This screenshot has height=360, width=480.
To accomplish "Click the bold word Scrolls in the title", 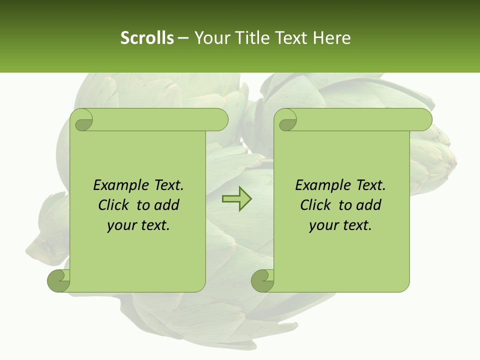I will (x=147, y=38).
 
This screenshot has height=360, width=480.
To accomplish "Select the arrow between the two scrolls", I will (x=236, y=199).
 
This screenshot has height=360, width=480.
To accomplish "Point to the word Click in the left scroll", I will (x=115, y=205).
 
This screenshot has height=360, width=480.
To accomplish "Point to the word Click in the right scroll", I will (x=317, y=205).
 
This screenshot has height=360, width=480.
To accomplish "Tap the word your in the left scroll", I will (x=122, y=225).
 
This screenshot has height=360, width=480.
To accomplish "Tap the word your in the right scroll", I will (x=324, y=225).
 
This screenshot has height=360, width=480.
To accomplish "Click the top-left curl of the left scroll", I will (x=81, y=120).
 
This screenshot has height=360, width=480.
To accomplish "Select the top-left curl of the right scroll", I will (x=286, y=120).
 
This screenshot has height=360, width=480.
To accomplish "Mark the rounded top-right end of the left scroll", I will (x=220, y=119).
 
